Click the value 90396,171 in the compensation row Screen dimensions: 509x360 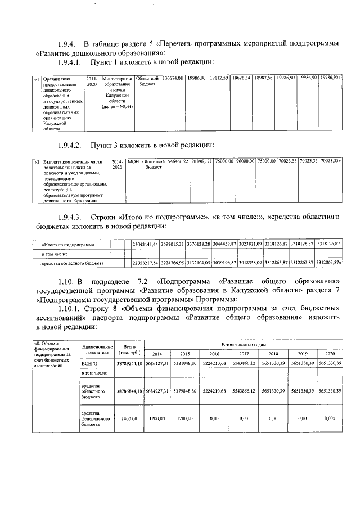pos(202,161)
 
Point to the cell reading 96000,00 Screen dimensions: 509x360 pos(245,161)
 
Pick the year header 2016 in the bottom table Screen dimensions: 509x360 pos(214,354)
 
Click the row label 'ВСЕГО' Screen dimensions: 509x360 pos(90,364)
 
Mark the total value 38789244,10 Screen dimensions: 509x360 pos(129,364)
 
